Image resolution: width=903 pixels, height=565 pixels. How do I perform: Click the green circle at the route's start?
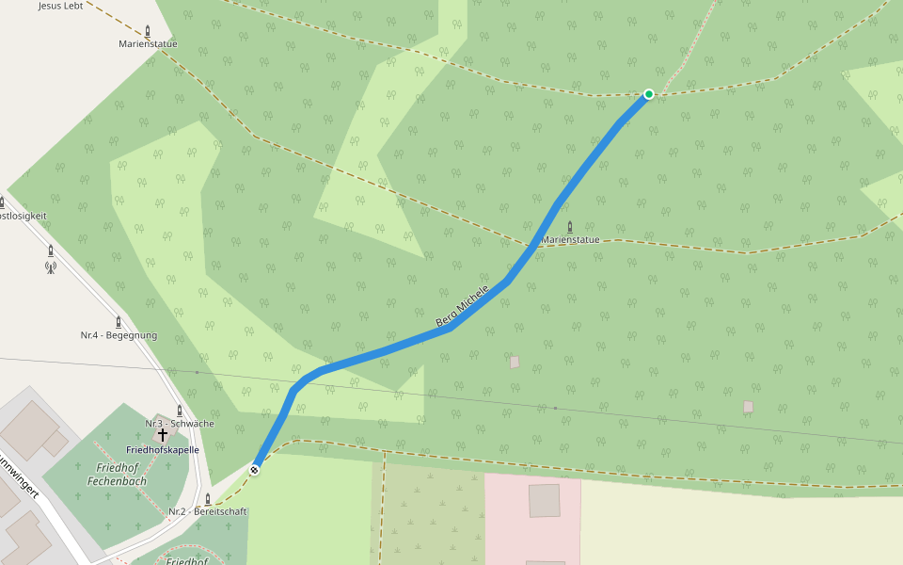[x=649, y=94]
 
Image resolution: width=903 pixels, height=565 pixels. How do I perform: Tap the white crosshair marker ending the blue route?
[x=254, y=469]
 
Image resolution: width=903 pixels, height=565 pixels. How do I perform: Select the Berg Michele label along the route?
[x=463, y=306]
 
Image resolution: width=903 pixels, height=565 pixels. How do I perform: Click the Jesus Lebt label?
[x=61, y=6]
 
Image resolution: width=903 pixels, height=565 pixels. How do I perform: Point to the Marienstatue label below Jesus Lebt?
[x=148, y=44]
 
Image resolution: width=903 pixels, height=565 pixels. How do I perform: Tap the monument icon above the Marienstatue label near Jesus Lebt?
[x=149, y=30]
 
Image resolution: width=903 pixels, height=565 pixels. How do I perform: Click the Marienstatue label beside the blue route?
[x=570, y=240]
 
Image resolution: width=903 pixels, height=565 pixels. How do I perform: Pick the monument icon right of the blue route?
[x=570, y=226]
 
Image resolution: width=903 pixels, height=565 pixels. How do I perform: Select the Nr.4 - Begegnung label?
[x=119, y=335]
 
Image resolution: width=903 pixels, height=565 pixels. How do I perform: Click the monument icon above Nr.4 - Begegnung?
[x=118, y=321]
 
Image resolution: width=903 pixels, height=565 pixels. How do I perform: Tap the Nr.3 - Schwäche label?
[x=180, y=424]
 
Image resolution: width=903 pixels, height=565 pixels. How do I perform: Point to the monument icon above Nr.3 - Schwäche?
[x=180, y=410]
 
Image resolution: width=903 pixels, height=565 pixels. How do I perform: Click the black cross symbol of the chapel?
[x=163, y=435]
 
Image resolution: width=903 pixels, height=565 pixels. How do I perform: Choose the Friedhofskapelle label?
[x=163, y=450]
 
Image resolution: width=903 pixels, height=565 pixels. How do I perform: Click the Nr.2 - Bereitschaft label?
[x=208, y=512]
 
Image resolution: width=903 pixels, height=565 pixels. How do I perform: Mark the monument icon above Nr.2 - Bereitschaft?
[x=208, y=498]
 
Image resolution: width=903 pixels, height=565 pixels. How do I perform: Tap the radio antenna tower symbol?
[x=51, y=266]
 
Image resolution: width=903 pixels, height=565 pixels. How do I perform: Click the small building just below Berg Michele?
[x=515, y=362]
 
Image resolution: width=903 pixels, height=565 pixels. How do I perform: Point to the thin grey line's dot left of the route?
[x=197, y=373]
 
